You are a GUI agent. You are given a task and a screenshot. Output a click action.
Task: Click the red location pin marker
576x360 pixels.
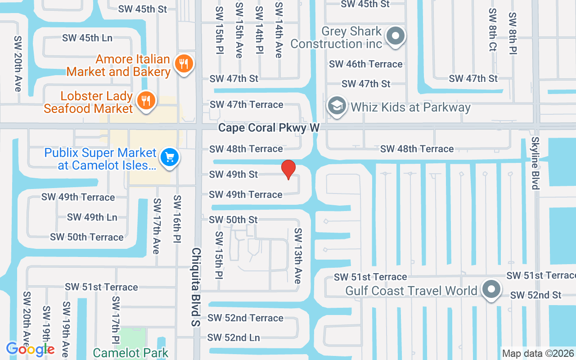point(288,169)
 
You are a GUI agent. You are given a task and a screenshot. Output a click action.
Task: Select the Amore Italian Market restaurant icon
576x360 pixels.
point(183,64)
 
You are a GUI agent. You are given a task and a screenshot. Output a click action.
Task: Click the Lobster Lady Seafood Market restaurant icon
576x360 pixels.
point(146,101)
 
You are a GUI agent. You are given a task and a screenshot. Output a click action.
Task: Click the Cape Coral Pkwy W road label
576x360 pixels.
point(269,128)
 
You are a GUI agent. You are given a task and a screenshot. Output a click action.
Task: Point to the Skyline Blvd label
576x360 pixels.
point(535,163)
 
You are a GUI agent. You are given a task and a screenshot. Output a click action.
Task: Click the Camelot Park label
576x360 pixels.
point(130,353)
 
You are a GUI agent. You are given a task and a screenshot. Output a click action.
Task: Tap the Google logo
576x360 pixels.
point(30,349)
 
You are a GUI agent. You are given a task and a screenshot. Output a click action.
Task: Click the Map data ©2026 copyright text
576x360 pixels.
point(538,354)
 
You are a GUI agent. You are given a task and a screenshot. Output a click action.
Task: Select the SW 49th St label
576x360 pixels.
point(234,174)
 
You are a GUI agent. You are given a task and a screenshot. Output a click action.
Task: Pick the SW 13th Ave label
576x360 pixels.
point(297,256)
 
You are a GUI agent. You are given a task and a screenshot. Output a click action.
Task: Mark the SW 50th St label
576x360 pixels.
point(234,220)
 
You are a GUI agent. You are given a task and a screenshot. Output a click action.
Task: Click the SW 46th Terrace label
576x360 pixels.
point(365,64)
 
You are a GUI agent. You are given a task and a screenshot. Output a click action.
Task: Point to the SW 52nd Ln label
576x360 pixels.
point(234,337)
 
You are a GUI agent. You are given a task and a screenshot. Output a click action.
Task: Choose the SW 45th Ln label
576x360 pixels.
point(87,38)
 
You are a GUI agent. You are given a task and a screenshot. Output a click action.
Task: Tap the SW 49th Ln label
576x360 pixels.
point(92,217)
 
